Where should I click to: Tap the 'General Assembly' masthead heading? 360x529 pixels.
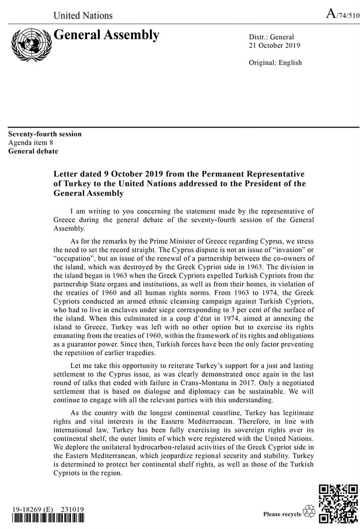pos(106,35)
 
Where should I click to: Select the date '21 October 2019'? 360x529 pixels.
pos(274,45)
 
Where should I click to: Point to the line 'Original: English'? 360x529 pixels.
pos(275,62)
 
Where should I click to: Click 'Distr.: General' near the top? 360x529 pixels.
pos(271,37)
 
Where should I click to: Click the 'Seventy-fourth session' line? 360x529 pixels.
pos(45,134)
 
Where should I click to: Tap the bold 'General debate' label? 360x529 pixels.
pos(33,151)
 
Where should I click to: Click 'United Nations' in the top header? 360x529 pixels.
pos(83,15)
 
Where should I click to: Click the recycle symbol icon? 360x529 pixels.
pos(309,512)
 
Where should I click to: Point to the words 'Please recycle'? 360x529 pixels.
pos(282,514)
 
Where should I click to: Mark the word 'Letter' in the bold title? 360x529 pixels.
pos(66,174)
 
